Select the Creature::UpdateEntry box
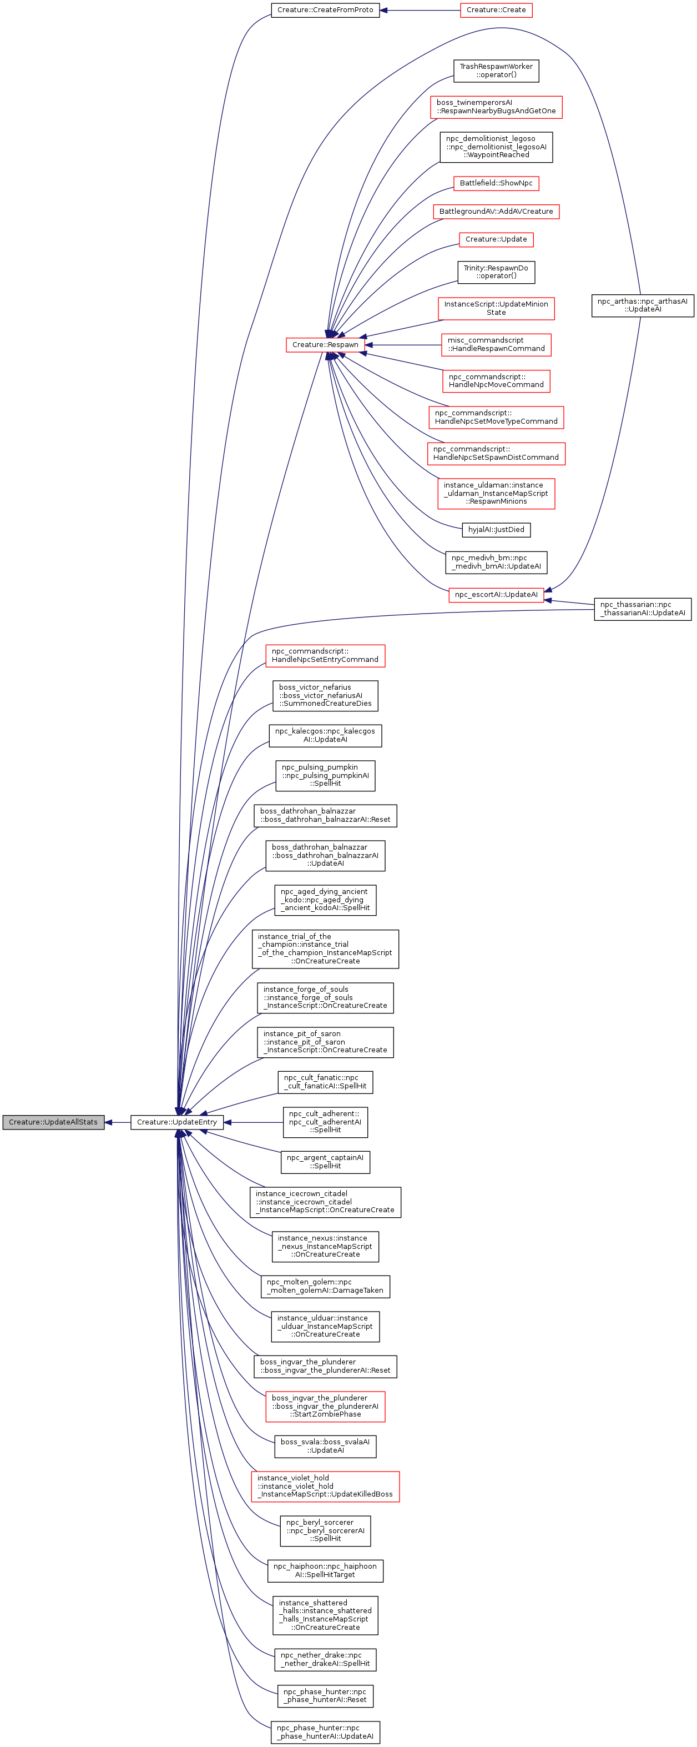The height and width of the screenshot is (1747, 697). tap(177, 1122)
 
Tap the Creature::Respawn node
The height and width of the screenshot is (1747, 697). tap(325, 344)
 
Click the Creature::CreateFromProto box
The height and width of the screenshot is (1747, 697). tap(325, 10)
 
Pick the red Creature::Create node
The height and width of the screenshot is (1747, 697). tap(496, 10)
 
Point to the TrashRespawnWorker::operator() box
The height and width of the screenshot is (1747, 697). tap(496, 71)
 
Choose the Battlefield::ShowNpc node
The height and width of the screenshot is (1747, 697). tap(496, 183)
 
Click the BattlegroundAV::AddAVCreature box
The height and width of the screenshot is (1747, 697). tap(496, 212)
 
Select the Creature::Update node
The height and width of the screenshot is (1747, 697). tap(496, 239)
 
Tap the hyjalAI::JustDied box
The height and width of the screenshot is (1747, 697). tap(496, 530)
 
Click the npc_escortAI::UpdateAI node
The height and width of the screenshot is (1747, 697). tap(496, 595)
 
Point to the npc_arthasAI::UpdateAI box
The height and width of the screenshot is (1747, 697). tap(642, 305)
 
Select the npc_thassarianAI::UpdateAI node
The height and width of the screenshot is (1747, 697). tap(642, 609)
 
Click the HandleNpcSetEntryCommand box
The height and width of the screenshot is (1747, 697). tap(325, 655)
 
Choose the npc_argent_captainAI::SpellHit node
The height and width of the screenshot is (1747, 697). tap(325, 1162)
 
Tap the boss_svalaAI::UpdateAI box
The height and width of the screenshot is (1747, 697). tap(325, 1446)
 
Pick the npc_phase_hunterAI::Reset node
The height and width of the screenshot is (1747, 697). tap(325, 1695)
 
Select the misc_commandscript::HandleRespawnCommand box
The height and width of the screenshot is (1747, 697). tap(496, 344)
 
